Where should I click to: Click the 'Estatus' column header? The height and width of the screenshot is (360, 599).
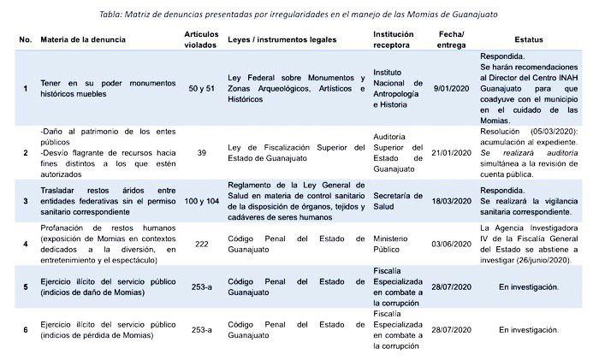[x=529, y=40]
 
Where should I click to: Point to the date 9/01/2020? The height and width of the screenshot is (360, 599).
[x=452, y=87]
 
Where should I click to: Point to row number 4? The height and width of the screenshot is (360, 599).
[x=25, y=243]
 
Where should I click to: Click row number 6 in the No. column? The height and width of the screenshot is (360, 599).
[x=25, y=329]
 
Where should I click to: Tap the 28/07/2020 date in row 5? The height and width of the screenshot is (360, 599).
[x=452, y=286]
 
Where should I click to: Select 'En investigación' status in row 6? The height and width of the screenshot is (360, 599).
[x=528, y=329]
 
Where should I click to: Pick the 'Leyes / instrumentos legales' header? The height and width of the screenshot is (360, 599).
[x=282, y=40]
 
